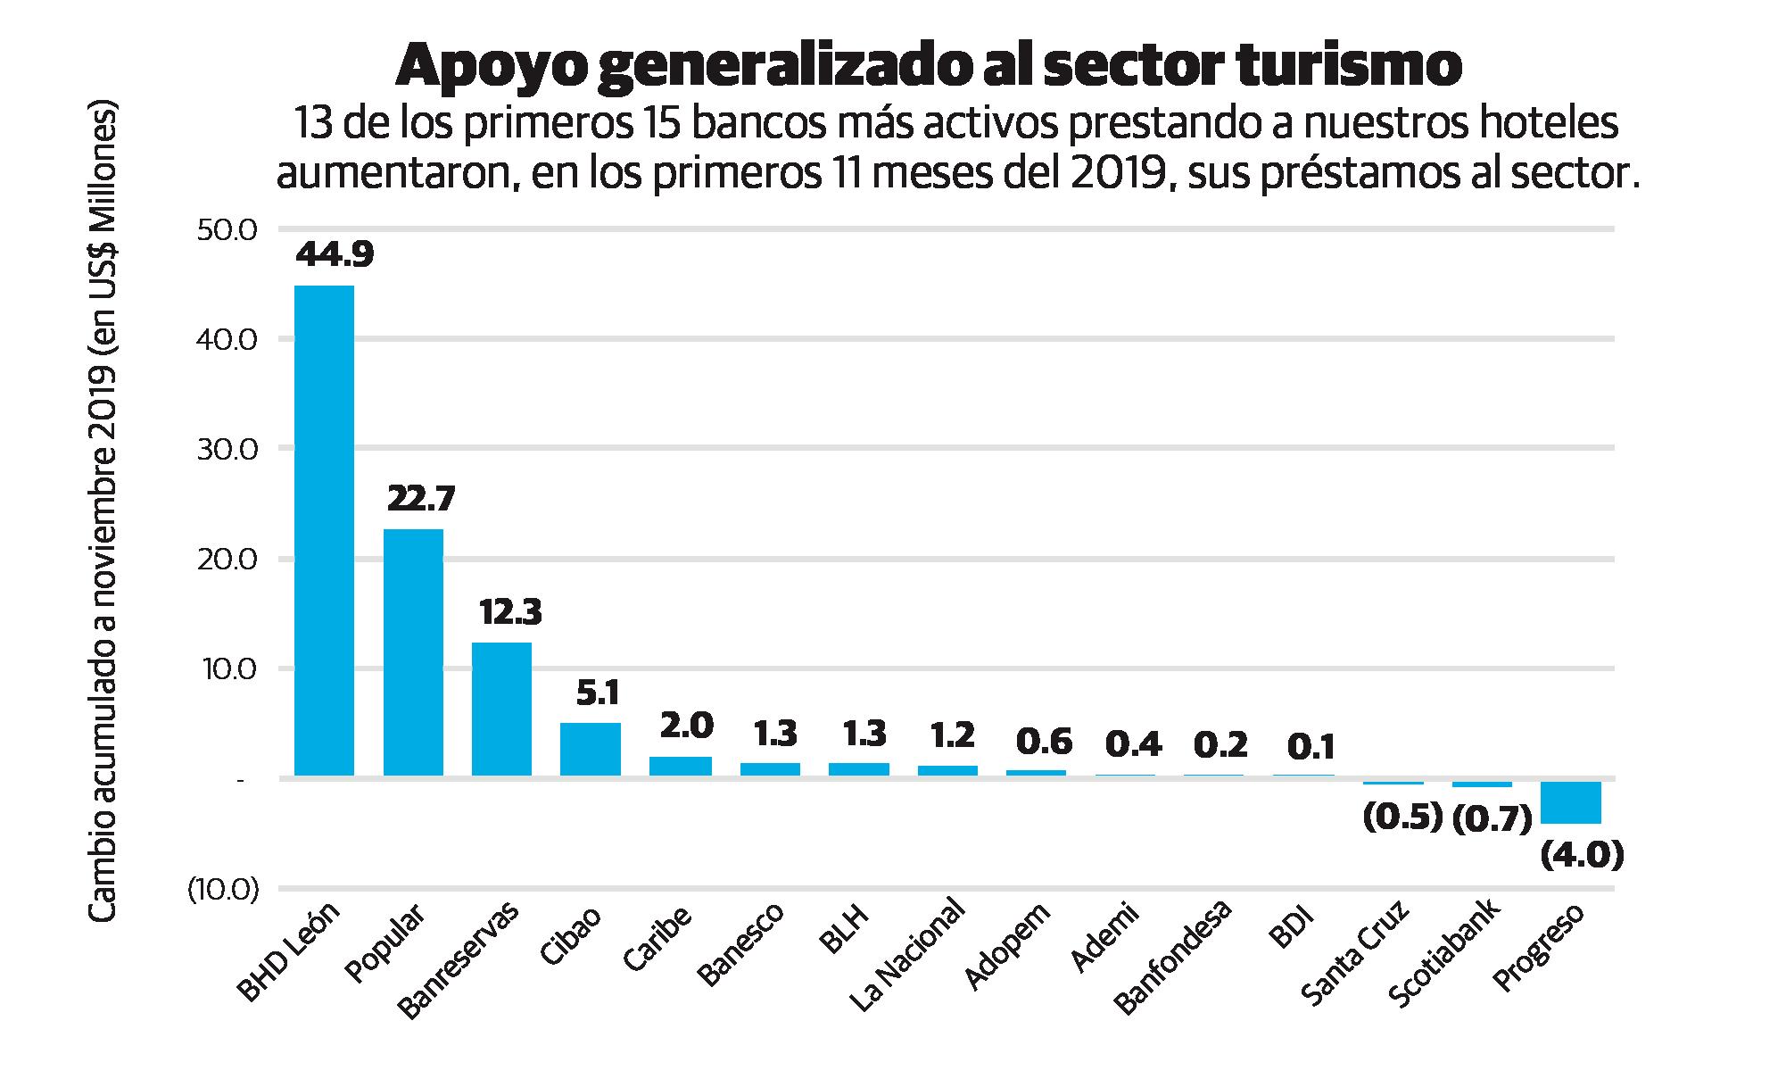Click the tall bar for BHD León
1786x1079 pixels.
324,530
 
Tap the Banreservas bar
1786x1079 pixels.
501,709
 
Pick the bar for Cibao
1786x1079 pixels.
590,749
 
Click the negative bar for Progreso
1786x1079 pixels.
1570,801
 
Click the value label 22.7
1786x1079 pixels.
421,498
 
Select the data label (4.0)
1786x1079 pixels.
1581,856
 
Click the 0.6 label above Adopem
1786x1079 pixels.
1044,741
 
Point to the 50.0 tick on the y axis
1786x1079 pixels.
226,229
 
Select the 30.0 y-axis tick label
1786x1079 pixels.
226,449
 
